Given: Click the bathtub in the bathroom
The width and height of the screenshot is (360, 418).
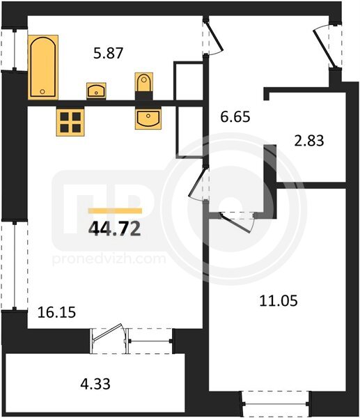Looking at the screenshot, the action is (x=43, y=67).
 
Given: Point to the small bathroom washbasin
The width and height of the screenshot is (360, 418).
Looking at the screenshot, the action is (x=96, y=91).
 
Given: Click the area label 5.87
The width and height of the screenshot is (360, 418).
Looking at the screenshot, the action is (x=109, y=53).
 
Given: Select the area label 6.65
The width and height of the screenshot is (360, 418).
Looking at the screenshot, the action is (x=235, y=117).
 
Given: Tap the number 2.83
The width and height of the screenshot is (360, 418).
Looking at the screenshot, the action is (x=309, y=141).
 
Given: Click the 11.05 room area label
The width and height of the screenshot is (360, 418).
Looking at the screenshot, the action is (x=279, y=301).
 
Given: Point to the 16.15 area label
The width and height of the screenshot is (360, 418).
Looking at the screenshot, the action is (x=57, y=312).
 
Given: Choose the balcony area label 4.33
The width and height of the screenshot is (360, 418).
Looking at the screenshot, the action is (x=95, y=385).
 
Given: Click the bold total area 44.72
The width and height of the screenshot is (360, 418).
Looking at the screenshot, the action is (x=115, y=229).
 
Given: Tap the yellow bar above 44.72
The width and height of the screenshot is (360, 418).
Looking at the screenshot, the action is (x=115, y=211).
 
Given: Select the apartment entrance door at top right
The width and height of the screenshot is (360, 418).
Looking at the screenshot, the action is (x=323, y=48).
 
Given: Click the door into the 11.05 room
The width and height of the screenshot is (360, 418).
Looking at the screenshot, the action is (x=235, y=223).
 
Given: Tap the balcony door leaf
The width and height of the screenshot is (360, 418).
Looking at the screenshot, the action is (x=107, y=332).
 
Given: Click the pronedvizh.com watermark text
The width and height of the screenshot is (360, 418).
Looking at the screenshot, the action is (x=109, y=258).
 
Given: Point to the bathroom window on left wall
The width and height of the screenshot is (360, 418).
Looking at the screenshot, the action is (x=15, y=49).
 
